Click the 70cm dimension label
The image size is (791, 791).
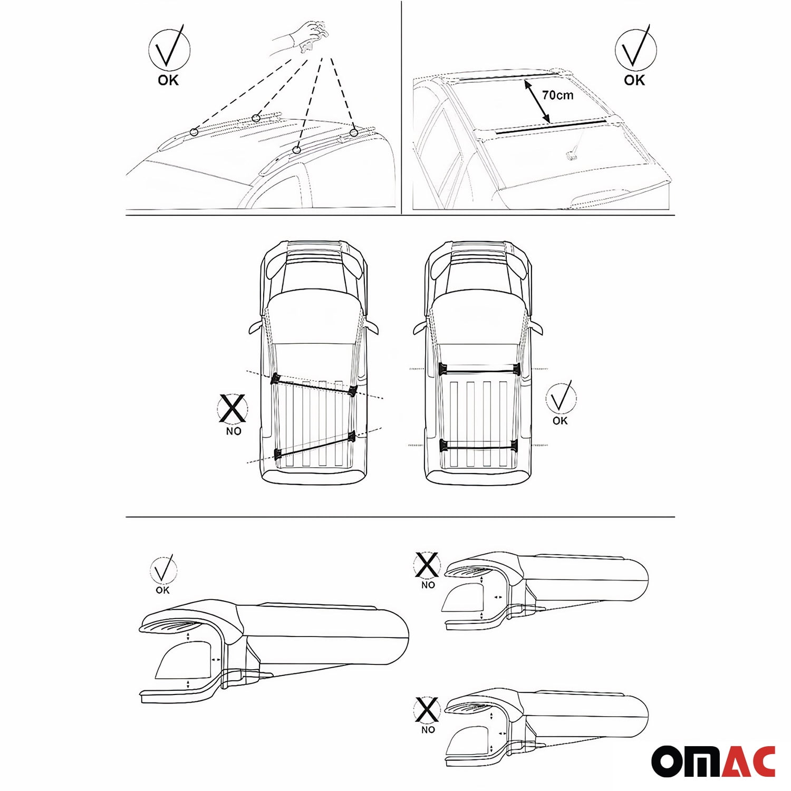click(557, 95)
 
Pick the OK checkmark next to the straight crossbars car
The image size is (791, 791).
click(561, 398)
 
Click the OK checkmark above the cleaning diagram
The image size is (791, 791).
click(169, 49)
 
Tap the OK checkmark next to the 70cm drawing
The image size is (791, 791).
click(636, 49)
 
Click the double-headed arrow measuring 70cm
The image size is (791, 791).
click(538, 102)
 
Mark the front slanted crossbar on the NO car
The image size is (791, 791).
click(314, 385)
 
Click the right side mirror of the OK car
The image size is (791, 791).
click(535, 327)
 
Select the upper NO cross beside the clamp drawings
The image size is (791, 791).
click(427, 565)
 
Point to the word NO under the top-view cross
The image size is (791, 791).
click(234, 431)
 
